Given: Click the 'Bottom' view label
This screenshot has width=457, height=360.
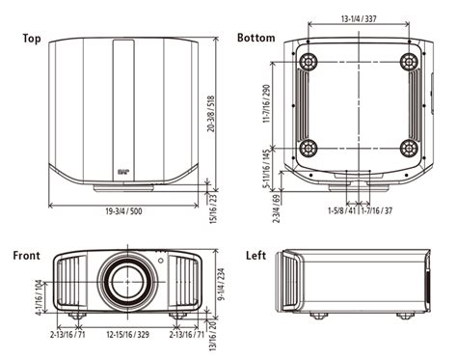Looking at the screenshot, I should point(256,39).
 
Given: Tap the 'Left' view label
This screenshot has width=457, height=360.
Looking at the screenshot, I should point(255,256).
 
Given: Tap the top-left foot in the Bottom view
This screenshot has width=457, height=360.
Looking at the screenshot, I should point(309,63).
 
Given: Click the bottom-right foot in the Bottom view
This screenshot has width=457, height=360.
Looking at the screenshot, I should point(408,149).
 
